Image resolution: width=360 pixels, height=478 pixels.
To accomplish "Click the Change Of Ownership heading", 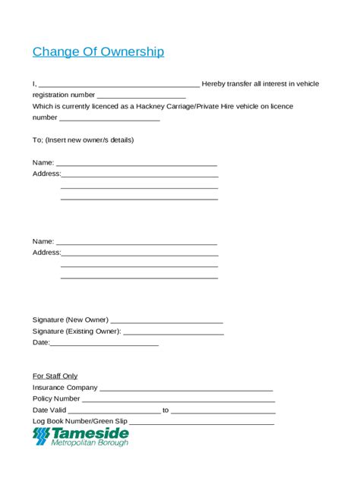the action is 98,52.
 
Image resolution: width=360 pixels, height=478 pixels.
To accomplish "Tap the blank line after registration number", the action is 141,96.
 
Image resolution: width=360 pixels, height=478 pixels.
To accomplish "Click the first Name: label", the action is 43,162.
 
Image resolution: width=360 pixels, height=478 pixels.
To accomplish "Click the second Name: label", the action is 43,241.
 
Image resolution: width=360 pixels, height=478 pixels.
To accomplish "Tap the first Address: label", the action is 46,174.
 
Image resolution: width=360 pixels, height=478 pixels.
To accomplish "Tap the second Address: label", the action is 46,253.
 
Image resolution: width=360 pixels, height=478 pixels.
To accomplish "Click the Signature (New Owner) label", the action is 71,319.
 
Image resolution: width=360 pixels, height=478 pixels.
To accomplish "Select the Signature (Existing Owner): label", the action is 77,331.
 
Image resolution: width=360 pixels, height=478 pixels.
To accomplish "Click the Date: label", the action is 41,343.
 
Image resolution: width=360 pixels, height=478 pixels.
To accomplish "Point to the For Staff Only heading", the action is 55,376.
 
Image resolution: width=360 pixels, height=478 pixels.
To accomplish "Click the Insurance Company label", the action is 65,387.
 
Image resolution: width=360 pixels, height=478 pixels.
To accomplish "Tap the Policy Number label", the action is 56,398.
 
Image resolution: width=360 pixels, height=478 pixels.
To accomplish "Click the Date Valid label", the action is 50,410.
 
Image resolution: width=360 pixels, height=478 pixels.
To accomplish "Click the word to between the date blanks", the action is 166,410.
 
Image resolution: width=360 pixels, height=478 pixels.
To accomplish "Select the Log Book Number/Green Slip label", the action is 80,421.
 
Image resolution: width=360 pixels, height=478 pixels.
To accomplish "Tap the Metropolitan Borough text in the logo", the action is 90,442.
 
